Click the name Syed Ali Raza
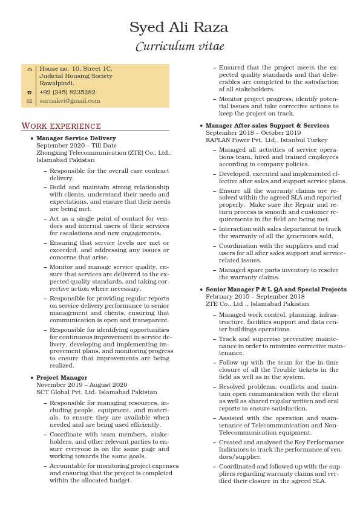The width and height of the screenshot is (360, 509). point(179,27)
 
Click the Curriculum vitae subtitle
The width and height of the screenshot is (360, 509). point(179,47)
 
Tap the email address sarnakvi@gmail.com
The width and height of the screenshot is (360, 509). point(70,101)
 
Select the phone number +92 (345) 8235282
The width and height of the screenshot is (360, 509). point(67,92)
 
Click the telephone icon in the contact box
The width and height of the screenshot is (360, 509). point(29,93)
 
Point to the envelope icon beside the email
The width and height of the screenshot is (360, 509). point(29,102)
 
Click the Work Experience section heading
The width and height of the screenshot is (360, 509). point(61,126)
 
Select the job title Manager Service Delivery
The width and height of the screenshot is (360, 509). point(76,138)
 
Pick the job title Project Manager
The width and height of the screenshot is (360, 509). point(62,378)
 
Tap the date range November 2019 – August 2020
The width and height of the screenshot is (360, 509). point(82,385)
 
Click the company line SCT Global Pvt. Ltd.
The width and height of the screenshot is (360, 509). point(96,392)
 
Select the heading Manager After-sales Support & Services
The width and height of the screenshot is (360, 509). point(267,126)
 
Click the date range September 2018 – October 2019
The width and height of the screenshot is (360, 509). point(253,133)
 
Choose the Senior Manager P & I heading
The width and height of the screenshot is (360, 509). point(276,290)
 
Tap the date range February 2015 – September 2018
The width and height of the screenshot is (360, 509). point(255,297)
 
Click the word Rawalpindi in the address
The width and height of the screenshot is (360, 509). point(57,83)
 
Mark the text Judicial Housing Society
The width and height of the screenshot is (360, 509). point(76,76)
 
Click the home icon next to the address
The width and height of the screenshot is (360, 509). point(29,70)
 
